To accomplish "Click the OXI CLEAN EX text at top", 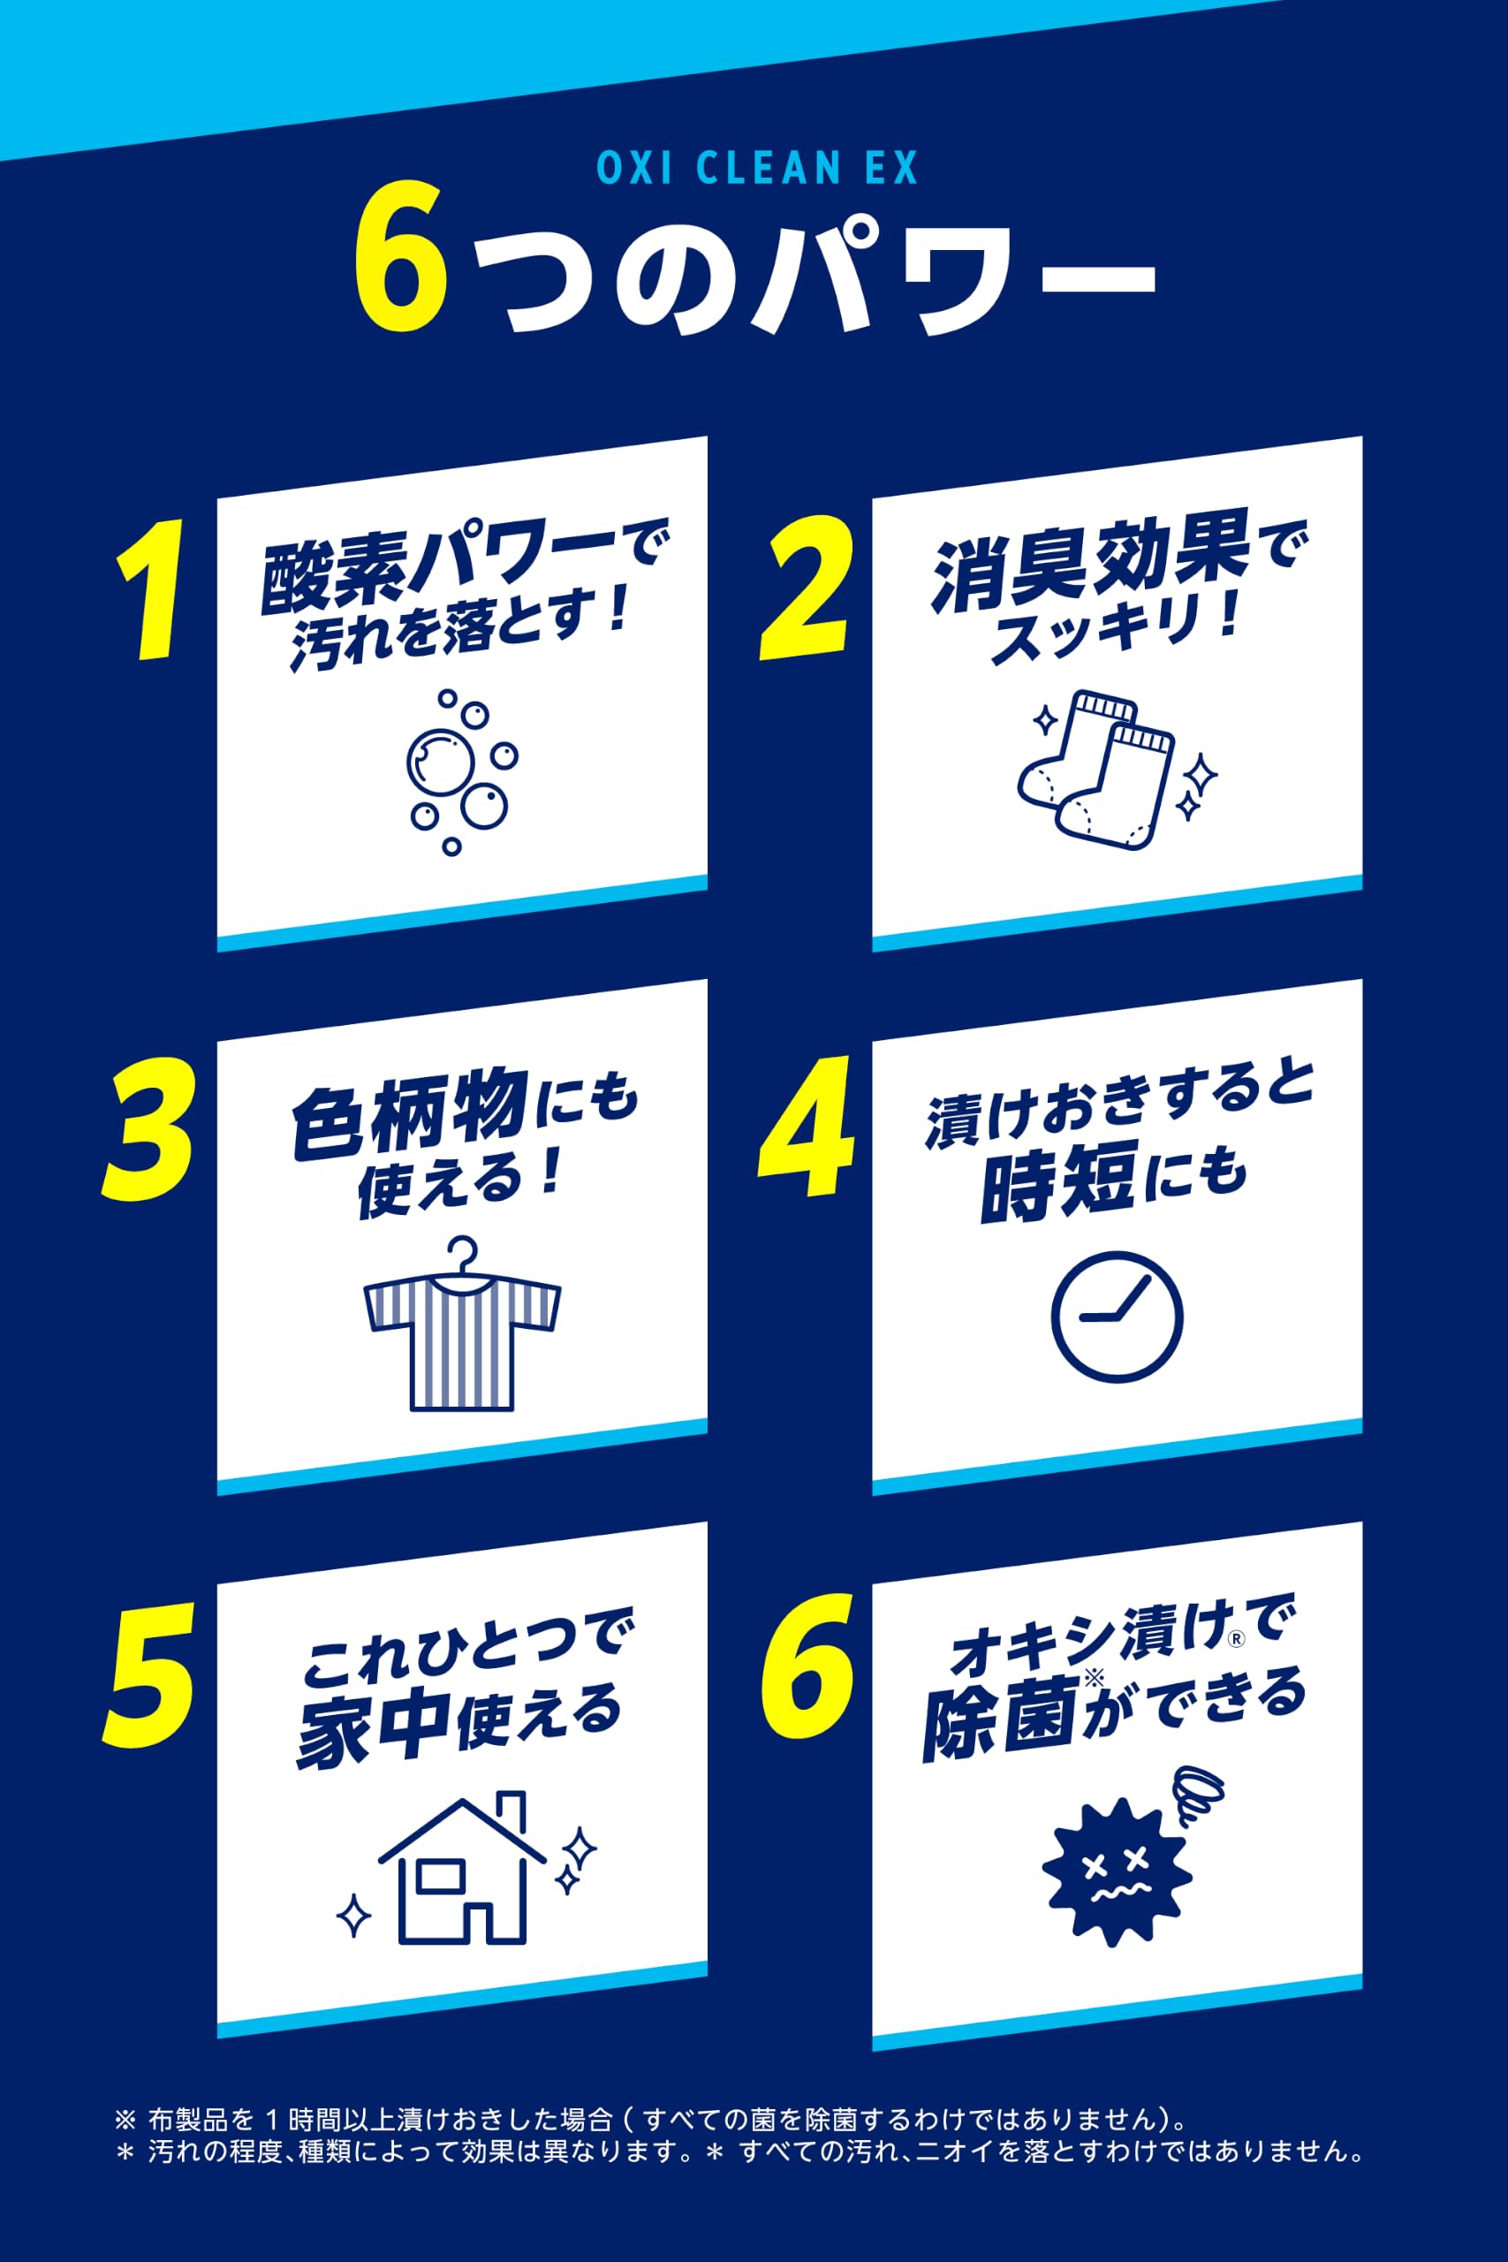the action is coord(757,167).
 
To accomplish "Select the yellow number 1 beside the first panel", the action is coord(150,588).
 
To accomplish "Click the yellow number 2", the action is coord(806,587).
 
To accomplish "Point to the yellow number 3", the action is coord(150,1129).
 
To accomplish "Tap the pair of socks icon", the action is coord(1116,770).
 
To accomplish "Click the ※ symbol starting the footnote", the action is coord(125,2119).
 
